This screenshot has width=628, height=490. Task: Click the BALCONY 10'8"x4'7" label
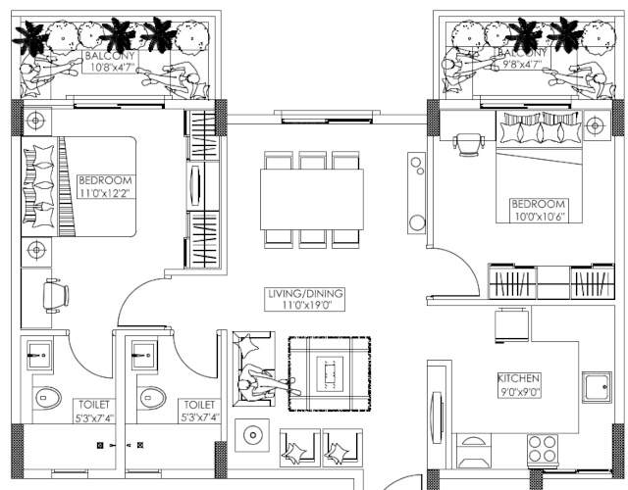(110, 62)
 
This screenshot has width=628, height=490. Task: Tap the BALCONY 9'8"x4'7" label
(521, 59)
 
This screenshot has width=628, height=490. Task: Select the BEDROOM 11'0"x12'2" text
(105, 186)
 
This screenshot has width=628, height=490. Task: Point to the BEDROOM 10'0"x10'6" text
(537, 210)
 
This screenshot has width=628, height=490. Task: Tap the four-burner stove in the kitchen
(544, 450)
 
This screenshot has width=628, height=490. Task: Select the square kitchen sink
(598, 387)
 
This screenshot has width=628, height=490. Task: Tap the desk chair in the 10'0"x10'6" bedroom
(468, 144)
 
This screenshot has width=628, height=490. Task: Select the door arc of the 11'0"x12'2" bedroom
(147, 299)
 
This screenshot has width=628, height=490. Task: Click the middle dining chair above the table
(313, 161)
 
